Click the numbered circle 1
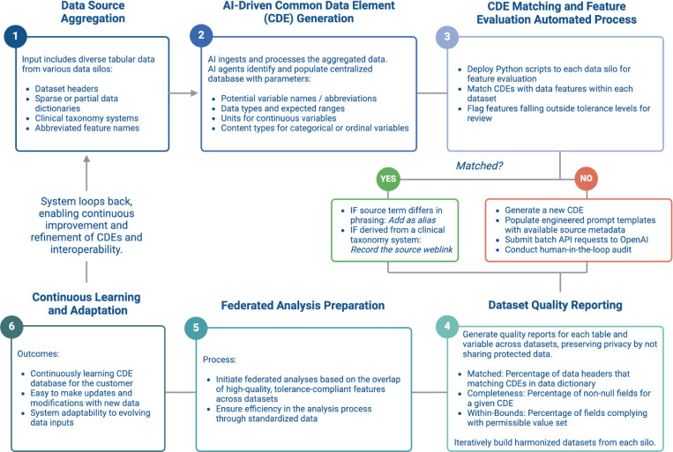16,36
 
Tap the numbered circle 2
201,35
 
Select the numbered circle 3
447,36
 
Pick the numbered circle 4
447,326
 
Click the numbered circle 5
196,328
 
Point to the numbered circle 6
11,326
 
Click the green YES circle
388,178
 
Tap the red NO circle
587,178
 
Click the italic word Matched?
479,166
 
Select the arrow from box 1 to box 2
183,93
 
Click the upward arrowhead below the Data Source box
86,159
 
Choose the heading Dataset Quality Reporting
556,306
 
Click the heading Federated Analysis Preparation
303,306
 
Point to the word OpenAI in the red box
635,240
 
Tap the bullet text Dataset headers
66,89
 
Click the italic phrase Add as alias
412,220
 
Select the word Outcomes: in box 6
38,354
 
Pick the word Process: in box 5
220,359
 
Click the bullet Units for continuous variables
279,118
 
